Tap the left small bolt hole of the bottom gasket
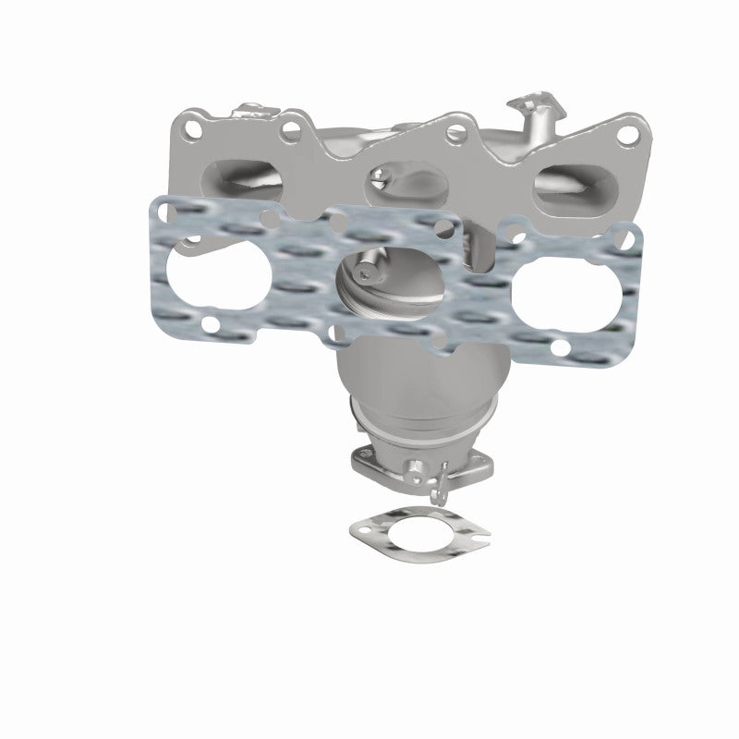click(x=361, y=533)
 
